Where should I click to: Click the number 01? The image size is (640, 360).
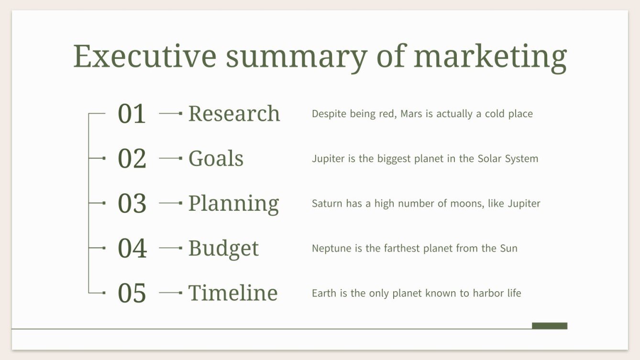point(132,114)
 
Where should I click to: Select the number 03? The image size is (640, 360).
point(132,204)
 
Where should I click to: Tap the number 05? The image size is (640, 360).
point(132,294)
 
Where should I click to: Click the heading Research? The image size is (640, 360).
point(234,114)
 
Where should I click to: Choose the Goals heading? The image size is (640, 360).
point(216,159)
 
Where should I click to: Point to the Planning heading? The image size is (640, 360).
point(233,204)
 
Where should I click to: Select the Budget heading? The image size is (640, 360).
point(223,249)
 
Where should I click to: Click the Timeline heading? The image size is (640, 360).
point(233,293)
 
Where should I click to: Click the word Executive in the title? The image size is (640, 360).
point(144,56)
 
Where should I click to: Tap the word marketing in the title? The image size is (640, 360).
point(490,57)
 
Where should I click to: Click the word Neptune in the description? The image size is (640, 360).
point(330,249)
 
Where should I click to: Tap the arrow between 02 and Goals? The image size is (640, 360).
point(171,158)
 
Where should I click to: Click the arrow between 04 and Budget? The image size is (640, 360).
point(171,248)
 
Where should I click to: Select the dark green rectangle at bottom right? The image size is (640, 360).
point(549,326)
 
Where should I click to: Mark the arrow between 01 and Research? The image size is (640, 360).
point(171,114)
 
